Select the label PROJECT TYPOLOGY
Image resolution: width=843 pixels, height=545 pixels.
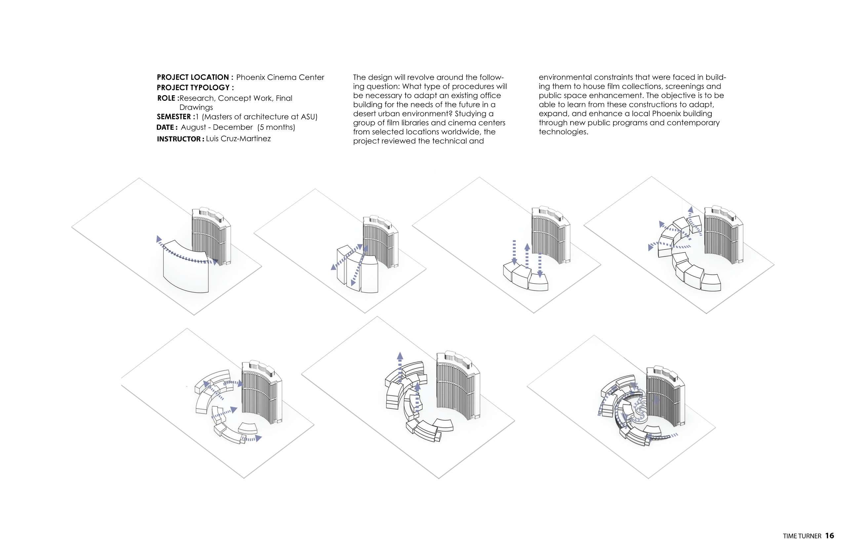coord(195,88)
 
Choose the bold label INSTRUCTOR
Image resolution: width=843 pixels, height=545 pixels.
coord(180,139)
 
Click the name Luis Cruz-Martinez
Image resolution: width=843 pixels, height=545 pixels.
coord(238,138)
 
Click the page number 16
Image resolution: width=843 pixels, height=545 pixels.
coord(829,535)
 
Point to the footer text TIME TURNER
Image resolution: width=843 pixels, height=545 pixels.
coord(802,536)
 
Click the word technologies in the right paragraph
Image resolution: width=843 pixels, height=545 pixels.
coord(563,132)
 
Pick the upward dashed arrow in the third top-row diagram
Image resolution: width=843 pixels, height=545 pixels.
coord(527,256)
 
